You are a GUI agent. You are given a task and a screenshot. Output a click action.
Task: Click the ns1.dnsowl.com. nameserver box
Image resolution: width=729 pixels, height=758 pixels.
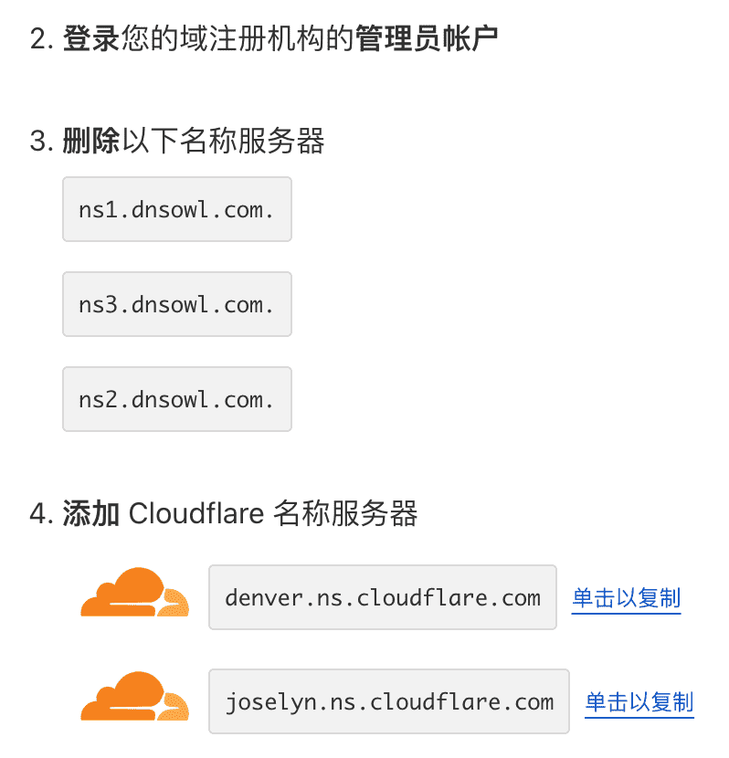point(176,209)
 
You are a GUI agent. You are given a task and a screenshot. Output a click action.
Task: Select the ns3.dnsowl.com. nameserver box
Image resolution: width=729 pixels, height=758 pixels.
point(176,304)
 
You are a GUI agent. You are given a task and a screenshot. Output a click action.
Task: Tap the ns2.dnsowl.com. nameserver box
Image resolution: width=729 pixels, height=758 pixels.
point(176,399)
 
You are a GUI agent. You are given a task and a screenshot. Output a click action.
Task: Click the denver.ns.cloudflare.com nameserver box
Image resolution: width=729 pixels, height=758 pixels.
point(382,597)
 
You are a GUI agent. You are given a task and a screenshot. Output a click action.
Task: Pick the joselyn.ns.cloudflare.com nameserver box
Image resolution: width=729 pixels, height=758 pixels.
point(388,701)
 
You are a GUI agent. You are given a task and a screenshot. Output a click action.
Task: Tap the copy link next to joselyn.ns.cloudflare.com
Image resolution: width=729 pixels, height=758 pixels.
point(639,702)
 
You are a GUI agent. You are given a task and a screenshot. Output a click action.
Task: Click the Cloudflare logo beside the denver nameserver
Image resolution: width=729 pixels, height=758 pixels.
point(134,593)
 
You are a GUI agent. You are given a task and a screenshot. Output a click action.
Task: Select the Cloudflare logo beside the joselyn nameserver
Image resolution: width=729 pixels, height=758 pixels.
point(134,697)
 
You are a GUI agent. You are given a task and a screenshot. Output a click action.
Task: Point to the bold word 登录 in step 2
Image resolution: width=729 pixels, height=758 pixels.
point(91,40)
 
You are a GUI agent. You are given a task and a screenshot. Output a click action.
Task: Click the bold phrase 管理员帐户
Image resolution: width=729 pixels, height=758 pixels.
point(427,40)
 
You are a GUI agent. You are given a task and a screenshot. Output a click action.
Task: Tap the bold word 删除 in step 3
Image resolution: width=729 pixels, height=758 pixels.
point(91,142)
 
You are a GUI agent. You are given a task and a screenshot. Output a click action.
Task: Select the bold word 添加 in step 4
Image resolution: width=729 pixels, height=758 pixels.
point(91,514)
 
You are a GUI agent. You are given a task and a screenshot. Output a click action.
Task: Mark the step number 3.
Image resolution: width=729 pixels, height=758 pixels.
point(38,142)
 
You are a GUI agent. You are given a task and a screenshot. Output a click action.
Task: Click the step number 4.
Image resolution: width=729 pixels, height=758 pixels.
point(38,515)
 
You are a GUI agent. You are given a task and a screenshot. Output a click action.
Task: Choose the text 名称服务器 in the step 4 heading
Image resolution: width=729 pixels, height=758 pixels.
point(345,514)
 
